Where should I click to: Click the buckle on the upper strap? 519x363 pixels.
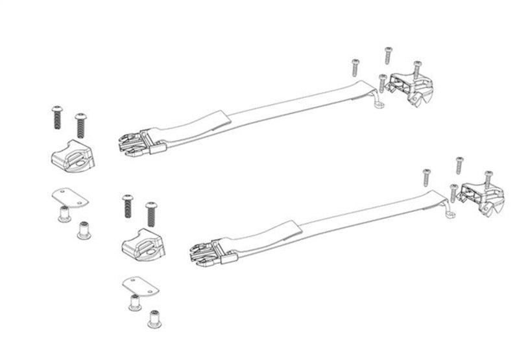pyautogui.click(x=138, y=143)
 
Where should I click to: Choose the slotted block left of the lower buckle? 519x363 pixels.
pyautogui.click(x=143, y=245)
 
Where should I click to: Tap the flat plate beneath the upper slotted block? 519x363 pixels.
pyautogui.click(x=69, y=198)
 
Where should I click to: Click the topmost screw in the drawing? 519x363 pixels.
pyautogui.click(x=388, y=56)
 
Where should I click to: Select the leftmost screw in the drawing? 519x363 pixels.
pyautogui.click(x=56, y=117)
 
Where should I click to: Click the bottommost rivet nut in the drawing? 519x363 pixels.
pyautogui.click(x=154, y=318)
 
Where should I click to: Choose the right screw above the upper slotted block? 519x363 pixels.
pyautogui.click(x=80, y=124)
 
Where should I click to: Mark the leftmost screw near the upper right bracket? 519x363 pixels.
pyautogui.click(x=356, y=67)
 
